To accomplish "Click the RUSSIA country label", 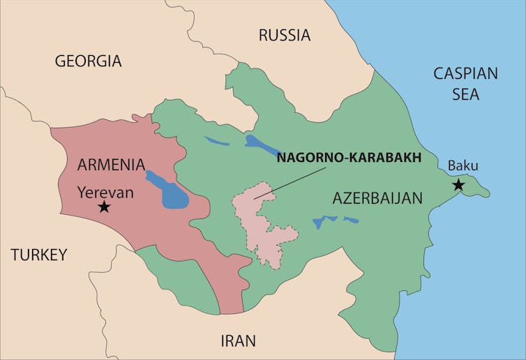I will coord(284,35).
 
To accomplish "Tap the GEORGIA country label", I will coord(88,61).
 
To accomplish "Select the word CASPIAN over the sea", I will coord(465,73).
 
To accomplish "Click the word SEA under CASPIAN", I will coord(465,94).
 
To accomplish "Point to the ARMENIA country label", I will coord(111,165).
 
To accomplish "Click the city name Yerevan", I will coord(105,191).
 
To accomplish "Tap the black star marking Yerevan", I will coord(104,207).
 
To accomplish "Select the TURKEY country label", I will coord(39,255).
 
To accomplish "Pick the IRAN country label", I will coord(238,341).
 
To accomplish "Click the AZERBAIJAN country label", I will coord(377,198).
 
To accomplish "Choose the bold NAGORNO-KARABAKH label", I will coord(349,158).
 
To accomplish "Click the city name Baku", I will coord(463,165).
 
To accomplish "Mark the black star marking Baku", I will coord(458,185).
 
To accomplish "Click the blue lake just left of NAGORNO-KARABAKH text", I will coord(260,143).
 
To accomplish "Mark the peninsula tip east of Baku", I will coord(486,192).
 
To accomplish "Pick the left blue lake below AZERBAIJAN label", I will coord(321,223).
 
